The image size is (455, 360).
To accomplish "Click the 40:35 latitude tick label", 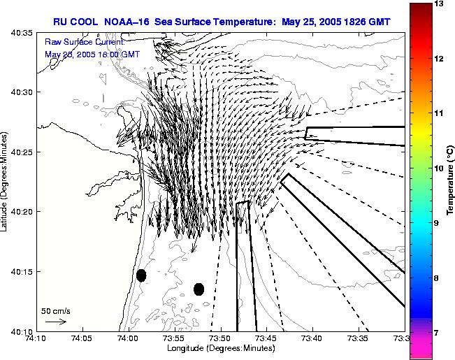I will pos(23,33).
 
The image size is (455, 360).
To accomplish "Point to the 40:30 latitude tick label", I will pos(23,92).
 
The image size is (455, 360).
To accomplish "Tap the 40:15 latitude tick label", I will pos(23,271).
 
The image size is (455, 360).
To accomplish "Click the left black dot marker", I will pos(141,275).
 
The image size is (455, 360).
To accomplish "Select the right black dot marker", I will pos(198,289).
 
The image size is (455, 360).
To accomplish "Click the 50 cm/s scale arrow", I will pos(55,322).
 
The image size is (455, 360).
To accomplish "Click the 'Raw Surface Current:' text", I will pos(85,43).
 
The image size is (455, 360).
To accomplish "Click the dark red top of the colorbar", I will pos(419,10).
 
